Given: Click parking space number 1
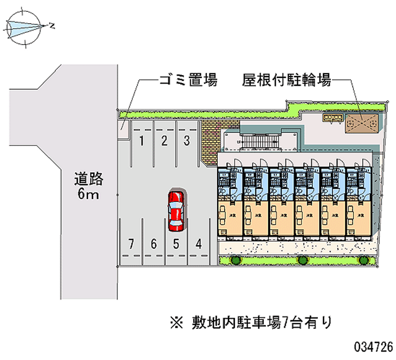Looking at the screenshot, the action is (x=142, y=141).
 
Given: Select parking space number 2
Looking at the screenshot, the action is (x=164, y=141).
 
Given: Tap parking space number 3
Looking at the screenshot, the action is (x=187, y=141).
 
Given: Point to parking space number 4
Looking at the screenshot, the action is (x=198, y=243).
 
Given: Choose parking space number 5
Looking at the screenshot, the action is (x=176, y=243).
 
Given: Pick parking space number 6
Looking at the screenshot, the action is (x=153, y=243).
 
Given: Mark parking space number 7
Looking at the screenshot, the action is (x=131, y=243).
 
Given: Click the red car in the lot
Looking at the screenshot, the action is (x=176, y=210).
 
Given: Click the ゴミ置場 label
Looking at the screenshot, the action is (x=188, y=80).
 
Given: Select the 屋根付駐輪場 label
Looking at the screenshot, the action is (x=287, y=80).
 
